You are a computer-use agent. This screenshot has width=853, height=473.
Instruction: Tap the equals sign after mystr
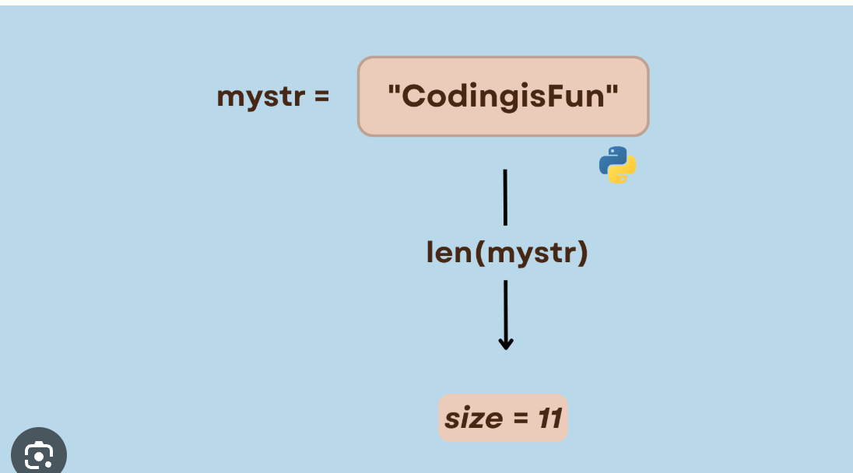click(x=320, y=97)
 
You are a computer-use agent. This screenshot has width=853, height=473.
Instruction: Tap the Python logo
click(x=618, y=165)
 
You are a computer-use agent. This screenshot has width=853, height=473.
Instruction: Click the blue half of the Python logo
click(x=612, y=158)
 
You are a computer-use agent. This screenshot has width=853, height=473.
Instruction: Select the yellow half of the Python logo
click(x=623, y=172)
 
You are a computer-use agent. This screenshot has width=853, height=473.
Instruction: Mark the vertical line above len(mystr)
click(x=505, y=197)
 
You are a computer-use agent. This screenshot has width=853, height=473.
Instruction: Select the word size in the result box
click(x=473, y=419)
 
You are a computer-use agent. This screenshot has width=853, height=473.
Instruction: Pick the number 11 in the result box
click(x=549, y=419)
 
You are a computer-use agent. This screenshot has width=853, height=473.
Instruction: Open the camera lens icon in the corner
click(x=38, y=454)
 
